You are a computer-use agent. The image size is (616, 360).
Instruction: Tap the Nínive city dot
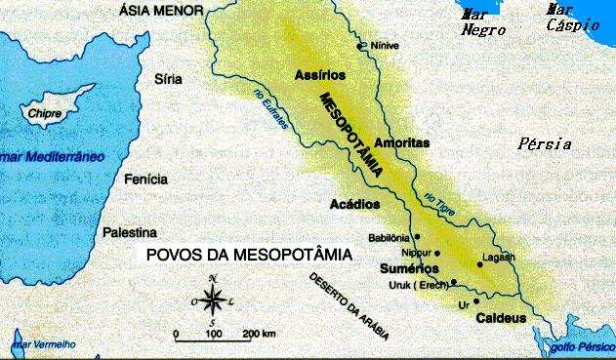click(x=361, y=45)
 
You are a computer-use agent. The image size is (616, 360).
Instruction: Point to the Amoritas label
click(x=402, y=142)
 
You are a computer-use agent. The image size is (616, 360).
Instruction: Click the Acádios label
click(x=353, y=205)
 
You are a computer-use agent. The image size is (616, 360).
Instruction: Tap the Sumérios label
click(x=406, y=266)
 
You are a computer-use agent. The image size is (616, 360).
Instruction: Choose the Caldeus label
click(x=501, y=319)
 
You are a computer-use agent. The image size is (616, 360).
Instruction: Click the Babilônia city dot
click(x=417, y=236)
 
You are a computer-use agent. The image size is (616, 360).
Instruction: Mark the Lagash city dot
click(x=479, y=263)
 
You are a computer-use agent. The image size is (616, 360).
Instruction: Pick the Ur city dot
click(x=477, y=301)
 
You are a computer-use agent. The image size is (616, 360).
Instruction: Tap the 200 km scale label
click(x=259, y=335)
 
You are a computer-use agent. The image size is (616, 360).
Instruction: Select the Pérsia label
click(x=544, y=144)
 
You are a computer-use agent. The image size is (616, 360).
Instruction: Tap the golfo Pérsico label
click(x=577, y=346)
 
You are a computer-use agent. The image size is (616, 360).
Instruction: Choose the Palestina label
click(x=130, y=233)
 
